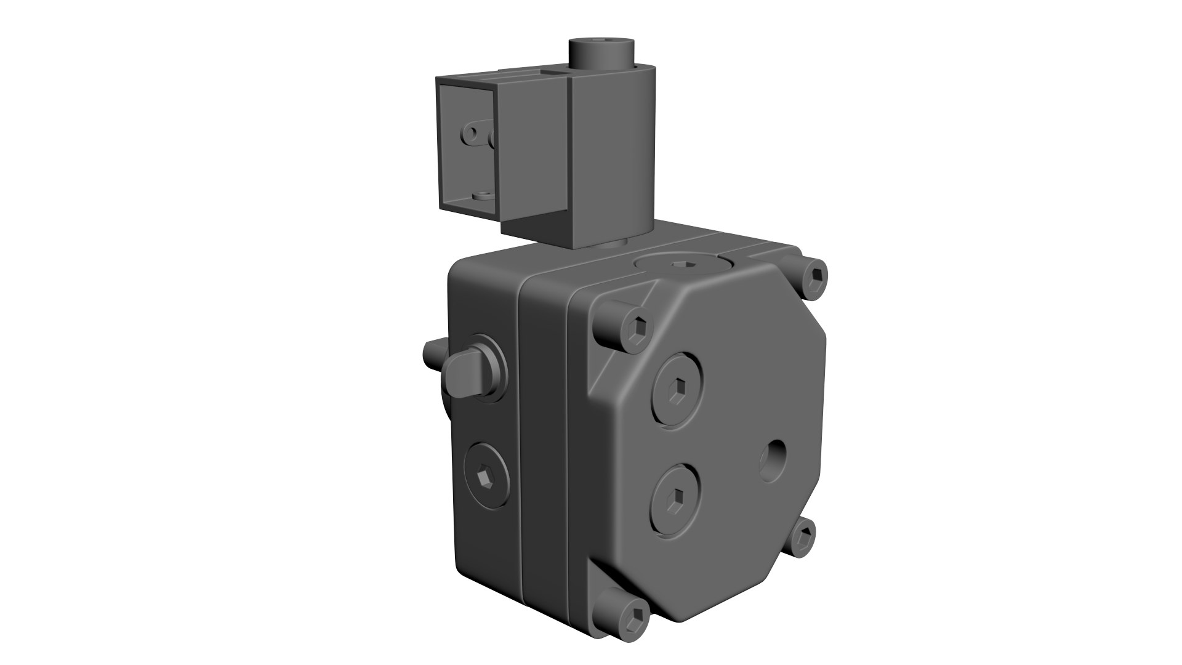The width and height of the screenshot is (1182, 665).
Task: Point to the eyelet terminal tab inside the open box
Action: point(474,135)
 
